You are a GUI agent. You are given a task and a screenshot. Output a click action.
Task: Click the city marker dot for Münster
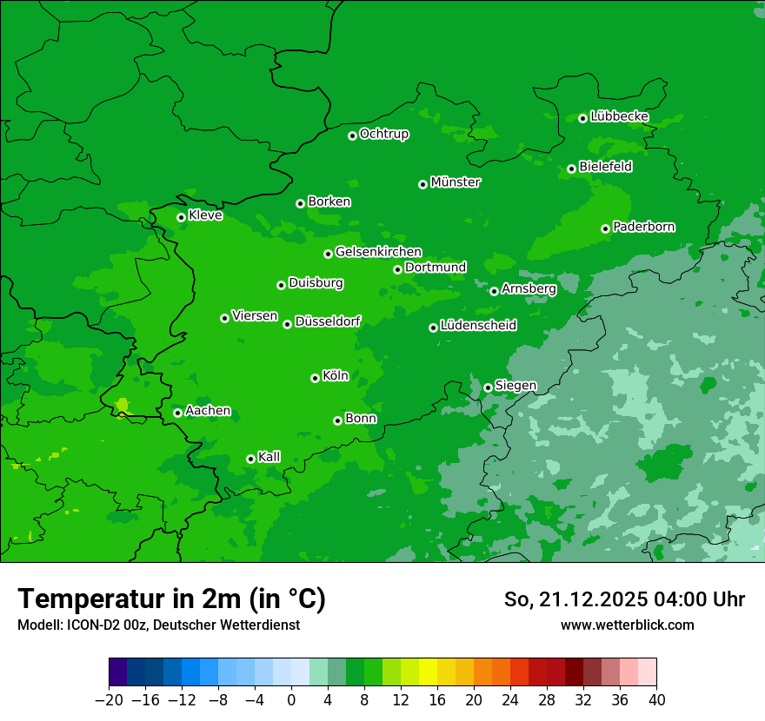tap(423, 184)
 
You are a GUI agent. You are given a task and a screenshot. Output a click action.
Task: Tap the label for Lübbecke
tap(619, 116)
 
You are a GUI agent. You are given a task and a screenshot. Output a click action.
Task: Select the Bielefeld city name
tap(605, 167)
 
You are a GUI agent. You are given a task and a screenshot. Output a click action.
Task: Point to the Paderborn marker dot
tap(606, 228)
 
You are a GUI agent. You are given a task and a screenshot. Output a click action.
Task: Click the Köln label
tap(335, 376)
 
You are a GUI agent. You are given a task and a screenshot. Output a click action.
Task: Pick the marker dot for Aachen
tap(178, 413)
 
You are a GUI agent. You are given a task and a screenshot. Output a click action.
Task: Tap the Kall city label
tap(269, 457)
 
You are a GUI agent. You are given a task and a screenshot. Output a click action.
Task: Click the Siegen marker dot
tap(489, 387)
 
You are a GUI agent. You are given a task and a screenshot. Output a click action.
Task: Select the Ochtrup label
tap(383, 134)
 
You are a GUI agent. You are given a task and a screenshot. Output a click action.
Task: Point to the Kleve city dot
tap(182, 217)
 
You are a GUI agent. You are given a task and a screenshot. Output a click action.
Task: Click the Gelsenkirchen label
tap(378, 252)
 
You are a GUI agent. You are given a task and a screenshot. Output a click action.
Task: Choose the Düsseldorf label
tap(327, 322)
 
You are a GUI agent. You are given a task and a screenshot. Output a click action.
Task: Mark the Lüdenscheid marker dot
tap(433, 327)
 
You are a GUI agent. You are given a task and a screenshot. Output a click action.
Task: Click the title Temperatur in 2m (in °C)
tap(171, 599)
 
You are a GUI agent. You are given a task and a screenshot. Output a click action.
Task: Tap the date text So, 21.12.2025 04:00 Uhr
tap(624, 599)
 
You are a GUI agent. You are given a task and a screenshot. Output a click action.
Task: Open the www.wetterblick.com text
tap(627, 625)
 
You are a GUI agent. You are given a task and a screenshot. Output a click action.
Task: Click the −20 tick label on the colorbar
tap(109, 700)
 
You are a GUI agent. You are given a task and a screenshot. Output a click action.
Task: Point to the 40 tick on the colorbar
tap(656, 700)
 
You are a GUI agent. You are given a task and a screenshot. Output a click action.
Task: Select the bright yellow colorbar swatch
tap(428, 672)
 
